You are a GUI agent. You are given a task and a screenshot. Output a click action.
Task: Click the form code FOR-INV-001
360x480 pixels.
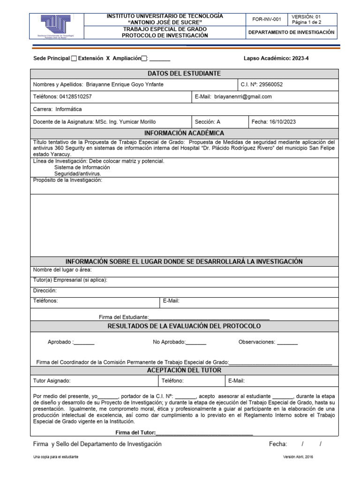(x=267, y=19)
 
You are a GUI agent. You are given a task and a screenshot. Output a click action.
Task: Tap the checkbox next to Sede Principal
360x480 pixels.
(x=74, y=59)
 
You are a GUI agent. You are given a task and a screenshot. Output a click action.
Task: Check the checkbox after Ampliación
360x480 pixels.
(x=144, y=59)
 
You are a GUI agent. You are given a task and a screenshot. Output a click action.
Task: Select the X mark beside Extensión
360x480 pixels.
(x=108, y=59)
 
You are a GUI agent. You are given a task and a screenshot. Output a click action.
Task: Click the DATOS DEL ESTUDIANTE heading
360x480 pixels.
(x=184, y=74)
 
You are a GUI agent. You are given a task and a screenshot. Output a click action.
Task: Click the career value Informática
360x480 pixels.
(x=69, y=109)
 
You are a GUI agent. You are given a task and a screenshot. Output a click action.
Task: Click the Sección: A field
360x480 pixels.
(x=207, y=122)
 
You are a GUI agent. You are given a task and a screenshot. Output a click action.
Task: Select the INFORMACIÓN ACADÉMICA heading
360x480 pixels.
(x=184, y=133)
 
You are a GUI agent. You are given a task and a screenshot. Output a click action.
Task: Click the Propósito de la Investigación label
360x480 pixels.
(x=67, y=180)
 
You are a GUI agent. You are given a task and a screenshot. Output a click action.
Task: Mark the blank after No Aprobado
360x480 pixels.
(x=196, y=343)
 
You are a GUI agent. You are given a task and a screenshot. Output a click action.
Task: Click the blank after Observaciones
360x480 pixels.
(x=287, y=343)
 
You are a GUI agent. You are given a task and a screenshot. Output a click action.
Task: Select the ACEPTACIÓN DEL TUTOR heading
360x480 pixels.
(x=184, y=370)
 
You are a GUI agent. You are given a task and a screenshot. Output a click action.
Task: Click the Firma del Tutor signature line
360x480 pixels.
(x=204, y=433)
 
